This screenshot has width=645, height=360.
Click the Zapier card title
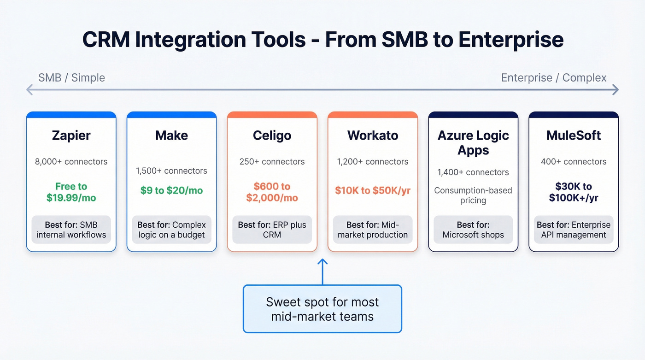click(71, 136)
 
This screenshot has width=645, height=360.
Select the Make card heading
click(171, 136)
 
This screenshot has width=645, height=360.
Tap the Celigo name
click(272, 136)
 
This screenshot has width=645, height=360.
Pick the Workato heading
click(372, 136)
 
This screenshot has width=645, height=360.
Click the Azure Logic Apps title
click(473, 143)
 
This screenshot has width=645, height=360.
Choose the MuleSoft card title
click(574, 136)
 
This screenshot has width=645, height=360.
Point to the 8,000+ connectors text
click(71, 162)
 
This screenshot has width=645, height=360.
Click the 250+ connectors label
click(272, 162)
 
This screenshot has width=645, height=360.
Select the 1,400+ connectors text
click(473, 172)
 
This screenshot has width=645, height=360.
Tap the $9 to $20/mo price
click(171, 190)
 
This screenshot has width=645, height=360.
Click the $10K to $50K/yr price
click(372, 190)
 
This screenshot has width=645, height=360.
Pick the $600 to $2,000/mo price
click(272, 192)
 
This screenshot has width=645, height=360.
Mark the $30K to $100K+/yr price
click(574, 192)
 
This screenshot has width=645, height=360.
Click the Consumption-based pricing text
click(473, 195)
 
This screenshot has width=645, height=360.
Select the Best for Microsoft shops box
click(473, 230)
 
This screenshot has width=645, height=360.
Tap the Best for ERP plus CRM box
click(272, 230)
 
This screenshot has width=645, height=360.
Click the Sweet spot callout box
click(322, 309)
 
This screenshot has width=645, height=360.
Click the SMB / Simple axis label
click(71, 77)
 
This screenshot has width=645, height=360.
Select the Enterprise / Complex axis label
click(554, 77)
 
